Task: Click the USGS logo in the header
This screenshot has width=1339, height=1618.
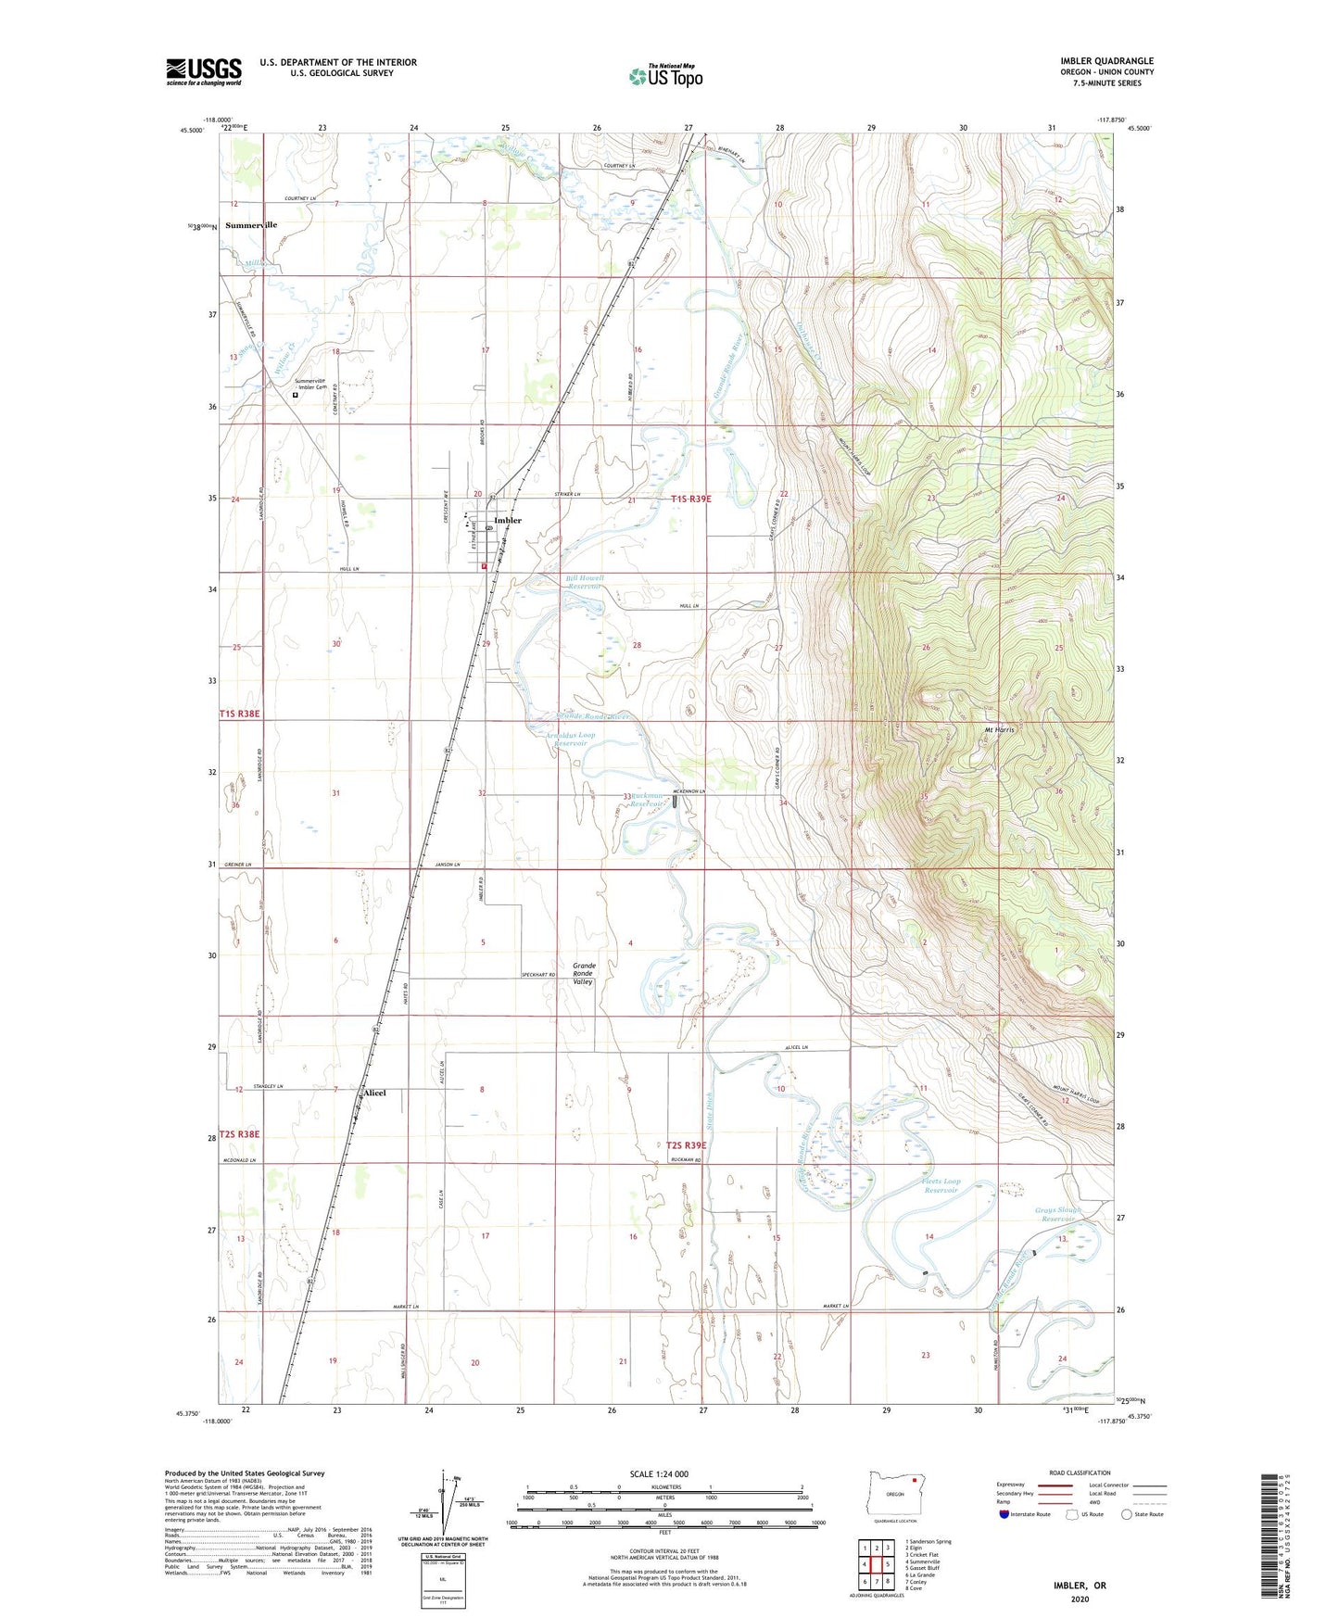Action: point(204,71)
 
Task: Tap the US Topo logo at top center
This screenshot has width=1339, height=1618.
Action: point(665,76)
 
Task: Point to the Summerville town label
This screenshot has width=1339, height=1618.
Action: point(251,225)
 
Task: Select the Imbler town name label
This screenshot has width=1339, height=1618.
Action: point(508,521)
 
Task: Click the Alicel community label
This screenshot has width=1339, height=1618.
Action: point(374,1093)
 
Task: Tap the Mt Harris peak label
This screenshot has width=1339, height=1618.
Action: point(999,729)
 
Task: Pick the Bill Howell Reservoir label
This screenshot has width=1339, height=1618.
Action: point(585,582)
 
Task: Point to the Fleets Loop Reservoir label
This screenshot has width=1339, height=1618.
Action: point(941,1185)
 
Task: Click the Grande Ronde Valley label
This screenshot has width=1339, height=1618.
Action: point(583,973)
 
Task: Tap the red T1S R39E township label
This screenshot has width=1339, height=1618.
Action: point(690,499)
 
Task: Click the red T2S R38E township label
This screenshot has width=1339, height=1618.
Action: point(239,1133)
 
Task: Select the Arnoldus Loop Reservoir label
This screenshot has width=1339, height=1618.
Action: point(571,739)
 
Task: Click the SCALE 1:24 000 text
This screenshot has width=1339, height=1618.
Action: point(658,1473)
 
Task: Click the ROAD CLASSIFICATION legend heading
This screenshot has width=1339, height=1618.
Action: point(1080,1473)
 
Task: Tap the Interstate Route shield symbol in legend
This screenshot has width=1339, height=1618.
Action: point(1004,1515)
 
